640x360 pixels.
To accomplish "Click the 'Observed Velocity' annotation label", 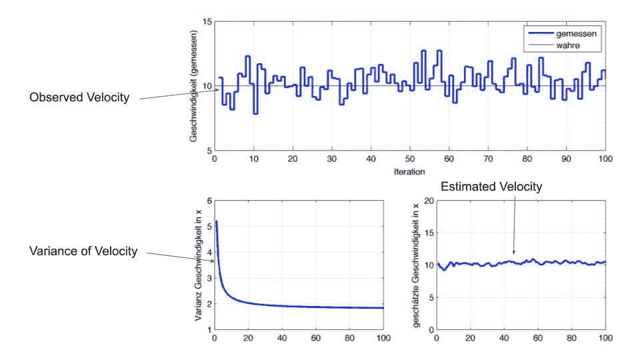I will (79, 98).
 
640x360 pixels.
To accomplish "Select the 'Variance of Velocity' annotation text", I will (83, 251).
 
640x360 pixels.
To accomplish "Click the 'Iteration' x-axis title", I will (409, 171).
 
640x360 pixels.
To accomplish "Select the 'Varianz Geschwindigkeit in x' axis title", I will (198, 265).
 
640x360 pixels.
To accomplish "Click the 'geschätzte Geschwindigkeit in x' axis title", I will (415, 265).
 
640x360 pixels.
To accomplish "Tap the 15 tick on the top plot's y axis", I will (207, 22).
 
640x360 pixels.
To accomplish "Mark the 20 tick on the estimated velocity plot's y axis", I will (427, 201).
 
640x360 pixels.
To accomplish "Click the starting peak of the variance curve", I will (216, 221).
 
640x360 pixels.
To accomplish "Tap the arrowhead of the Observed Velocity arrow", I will (218, 90).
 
